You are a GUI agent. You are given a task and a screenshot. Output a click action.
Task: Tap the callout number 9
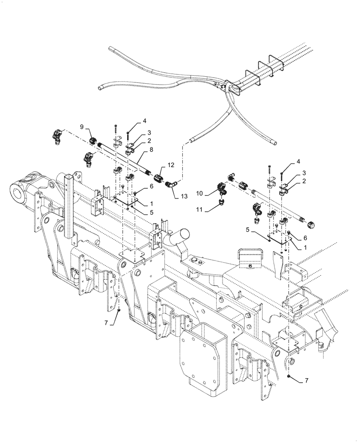coord(82,127)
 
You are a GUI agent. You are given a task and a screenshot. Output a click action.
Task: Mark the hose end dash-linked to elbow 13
coord(191,142)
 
